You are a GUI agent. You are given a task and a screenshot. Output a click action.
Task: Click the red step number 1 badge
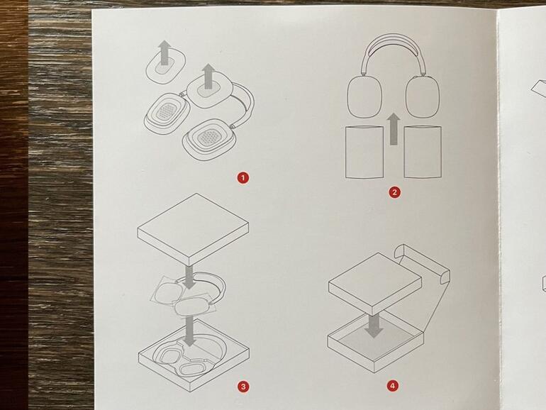pos(243,178)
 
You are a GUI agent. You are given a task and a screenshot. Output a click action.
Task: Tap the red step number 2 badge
pos(394,192)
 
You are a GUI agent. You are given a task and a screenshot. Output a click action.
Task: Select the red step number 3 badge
pos(243,387)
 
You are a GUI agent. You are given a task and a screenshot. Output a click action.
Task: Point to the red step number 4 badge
pos(392,386)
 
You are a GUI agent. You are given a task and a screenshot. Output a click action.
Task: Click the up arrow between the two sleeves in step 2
pos(394,128)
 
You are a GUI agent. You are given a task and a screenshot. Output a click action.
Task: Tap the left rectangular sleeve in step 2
pos(364,153)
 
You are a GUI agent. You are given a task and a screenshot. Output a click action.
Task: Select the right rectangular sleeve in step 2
pos(423,152)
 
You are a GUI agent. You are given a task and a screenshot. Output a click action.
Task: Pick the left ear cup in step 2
pos(364,96)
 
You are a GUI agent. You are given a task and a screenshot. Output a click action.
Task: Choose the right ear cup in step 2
pos(423,96)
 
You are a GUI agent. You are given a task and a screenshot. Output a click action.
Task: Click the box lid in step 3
pos(193,229)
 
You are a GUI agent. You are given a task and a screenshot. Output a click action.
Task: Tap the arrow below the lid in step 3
pos(189,277)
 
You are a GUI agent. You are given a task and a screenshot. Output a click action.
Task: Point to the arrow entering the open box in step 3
pos(189,331)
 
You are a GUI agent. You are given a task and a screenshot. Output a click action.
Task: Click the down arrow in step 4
pos(374,326)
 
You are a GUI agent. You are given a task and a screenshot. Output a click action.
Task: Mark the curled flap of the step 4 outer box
pos(401,252)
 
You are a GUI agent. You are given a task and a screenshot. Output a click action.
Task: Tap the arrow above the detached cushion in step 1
pos(165,52)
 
